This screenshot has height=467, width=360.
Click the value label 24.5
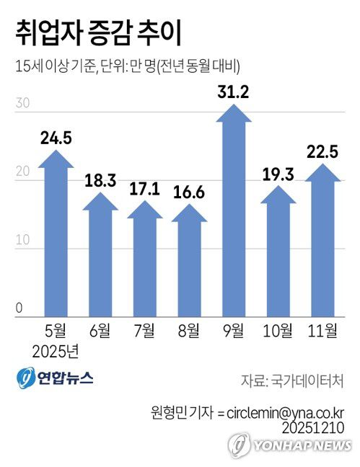[x=56, y=138]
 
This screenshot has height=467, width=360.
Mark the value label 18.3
[x=100, y=180]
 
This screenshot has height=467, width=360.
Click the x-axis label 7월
[x=144, y=332]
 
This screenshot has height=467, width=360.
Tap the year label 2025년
[x=56, y=353]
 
